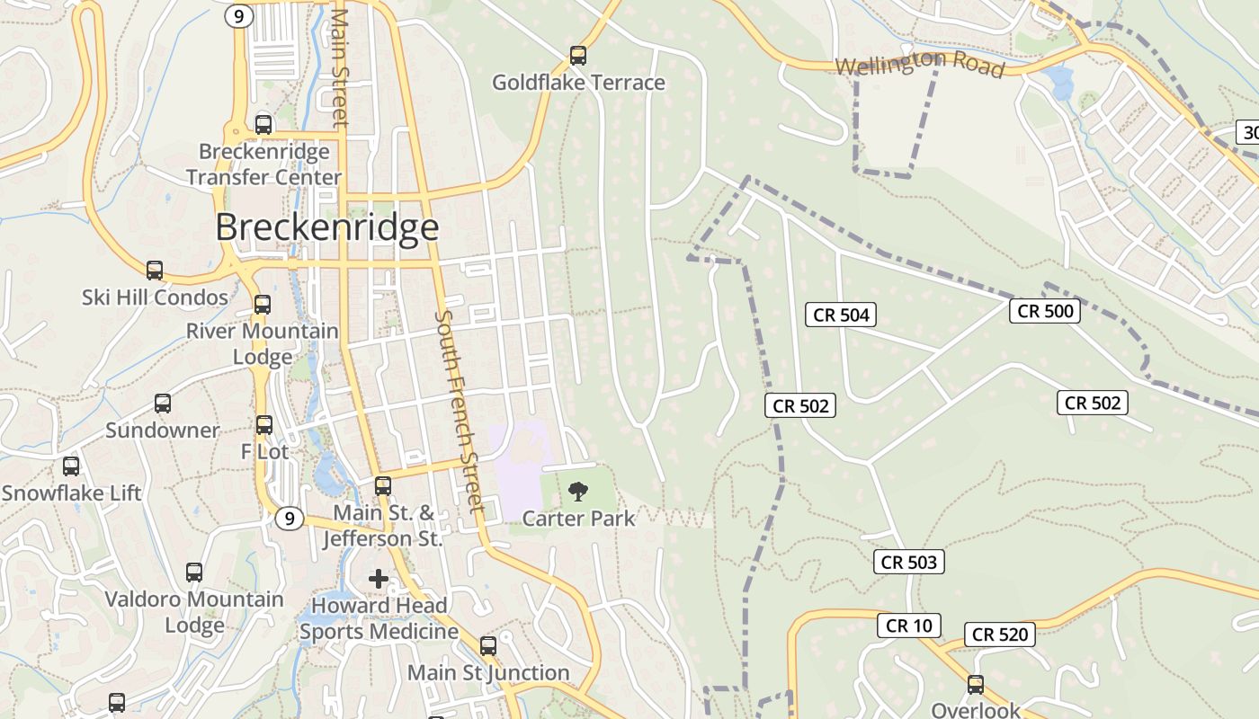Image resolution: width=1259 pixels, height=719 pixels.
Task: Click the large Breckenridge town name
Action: pos(327,227)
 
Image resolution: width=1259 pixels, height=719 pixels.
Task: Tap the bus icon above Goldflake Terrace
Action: pos(578,56)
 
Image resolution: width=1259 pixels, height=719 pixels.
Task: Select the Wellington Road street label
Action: pos(919,65)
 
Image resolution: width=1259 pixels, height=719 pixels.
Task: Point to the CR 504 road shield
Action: pos(842,315)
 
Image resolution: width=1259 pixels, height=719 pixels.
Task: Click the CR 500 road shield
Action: pos(1044,311)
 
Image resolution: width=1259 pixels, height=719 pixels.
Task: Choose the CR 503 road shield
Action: pos(908,563)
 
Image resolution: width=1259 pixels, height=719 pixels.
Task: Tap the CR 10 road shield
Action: pos(909,626)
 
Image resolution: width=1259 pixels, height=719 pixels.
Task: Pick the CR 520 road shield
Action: pos(1000,635)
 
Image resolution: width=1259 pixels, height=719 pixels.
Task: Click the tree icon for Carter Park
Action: pos(578,491)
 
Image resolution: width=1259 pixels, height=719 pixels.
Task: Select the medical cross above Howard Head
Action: pos(379,579)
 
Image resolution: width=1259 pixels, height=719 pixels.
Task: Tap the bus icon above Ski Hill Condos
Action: pos(155,270)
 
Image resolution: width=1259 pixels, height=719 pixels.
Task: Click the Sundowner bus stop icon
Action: pos(163,404)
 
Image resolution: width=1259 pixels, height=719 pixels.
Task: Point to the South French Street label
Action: pos(460,412)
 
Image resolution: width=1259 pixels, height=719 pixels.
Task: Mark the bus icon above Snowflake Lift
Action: pos(71,466)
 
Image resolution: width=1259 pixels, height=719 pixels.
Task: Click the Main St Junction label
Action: pos(488,672)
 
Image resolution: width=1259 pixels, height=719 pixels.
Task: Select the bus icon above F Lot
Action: pos(264,425)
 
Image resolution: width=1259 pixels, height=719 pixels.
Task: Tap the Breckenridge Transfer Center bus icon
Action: pos(263,124)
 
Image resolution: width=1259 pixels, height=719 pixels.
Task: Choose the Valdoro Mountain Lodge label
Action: pos(194,612)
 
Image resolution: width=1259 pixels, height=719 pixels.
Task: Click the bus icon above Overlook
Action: pos(976,685)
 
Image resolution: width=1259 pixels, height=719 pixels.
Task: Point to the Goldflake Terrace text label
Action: pos(578,83)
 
